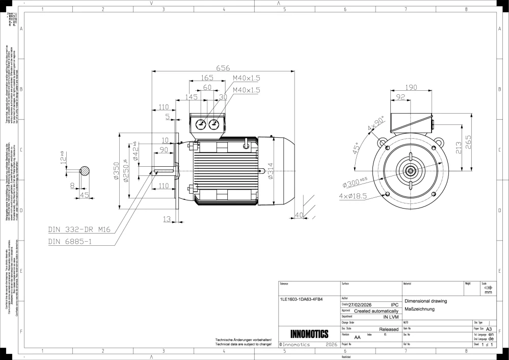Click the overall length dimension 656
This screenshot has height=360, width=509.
[223, 67]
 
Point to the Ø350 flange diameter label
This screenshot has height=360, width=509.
[116, 172]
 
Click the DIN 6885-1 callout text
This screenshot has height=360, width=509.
[70, 241]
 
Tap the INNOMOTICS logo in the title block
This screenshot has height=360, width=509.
[309, 335]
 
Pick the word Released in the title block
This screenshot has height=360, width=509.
[389, 329]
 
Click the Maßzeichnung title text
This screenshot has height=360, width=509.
[419, 309]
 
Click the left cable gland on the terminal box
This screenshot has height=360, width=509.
[201, 124]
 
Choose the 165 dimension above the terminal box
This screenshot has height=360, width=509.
[206, 78]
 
